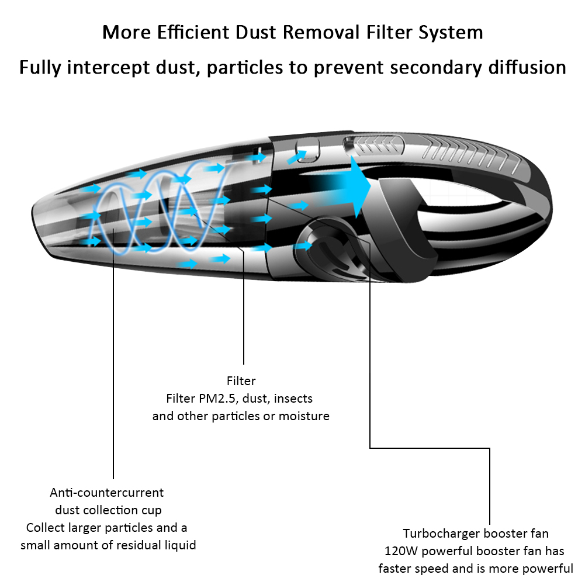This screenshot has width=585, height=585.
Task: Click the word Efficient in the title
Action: point(193,32)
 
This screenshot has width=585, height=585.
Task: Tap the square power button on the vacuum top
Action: point(307,150)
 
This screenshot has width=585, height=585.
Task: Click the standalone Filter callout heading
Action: point(241,381)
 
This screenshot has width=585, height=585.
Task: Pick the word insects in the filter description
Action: point(293,399)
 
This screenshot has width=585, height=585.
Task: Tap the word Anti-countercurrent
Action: point(107,493)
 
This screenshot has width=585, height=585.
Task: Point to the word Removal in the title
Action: point(321,32)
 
